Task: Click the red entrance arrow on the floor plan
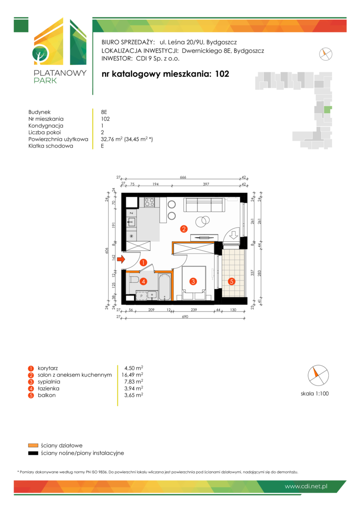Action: pos(121,259)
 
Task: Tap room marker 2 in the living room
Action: pos(184,229)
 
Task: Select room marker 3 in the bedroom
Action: pos(193,281)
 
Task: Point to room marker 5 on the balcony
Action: pos(231,281)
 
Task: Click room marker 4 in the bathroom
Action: pos(143,281)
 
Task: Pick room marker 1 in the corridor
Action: pos(143,263)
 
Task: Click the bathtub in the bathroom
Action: pos(164,287)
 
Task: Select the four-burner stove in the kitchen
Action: pos(149,202)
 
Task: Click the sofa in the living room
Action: pos(205,205)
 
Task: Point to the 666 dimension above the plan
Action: pos(183,177)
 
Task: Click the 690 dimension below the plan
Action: pos(185,317)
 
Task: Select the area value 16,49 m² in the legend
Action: pos(132,375)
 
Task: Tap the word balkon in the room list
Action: pos(47,395)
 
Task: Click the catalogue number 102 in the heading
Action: pos(222,74)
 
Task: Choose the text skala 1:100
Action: pos(315,394)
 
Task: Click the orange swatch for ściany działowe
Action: pos(33,445)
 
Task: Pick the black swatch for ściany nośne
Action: pos(33,453)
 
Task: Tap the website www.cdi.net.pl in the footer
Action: pos(306,486)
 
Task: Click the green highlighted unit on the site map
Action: pos(328,110)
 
